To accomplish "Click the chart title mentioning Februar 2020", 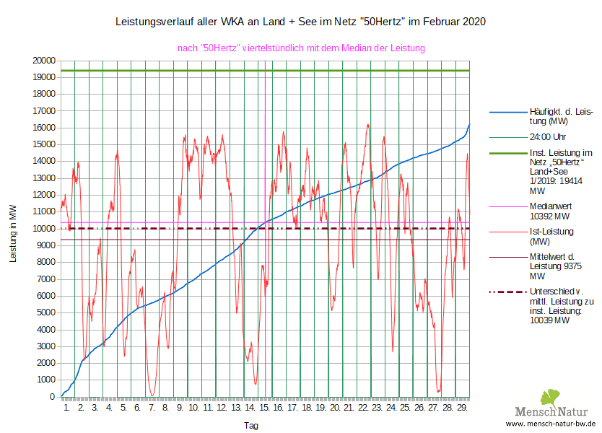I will click(301, 22).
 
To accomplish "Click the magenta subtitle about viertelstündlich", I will click(301, 48).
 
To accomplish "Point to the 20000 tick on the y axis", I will click(44, 61).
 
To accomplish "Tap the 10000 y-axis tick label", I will click(44, 229).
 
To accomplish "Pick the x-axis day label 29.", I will click(463, 408).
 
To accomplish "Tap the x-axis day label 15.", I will click(265, 408).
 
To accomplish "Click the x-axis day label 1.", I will click(67, 408).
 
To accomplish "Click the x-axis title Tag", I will click(251, 426).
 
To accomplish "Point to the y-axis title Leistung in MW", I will click(13, 232).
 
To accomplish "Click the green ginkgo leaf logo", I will click(550, 397).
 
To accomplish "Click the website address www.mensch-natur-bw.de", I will click(550, 424).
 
